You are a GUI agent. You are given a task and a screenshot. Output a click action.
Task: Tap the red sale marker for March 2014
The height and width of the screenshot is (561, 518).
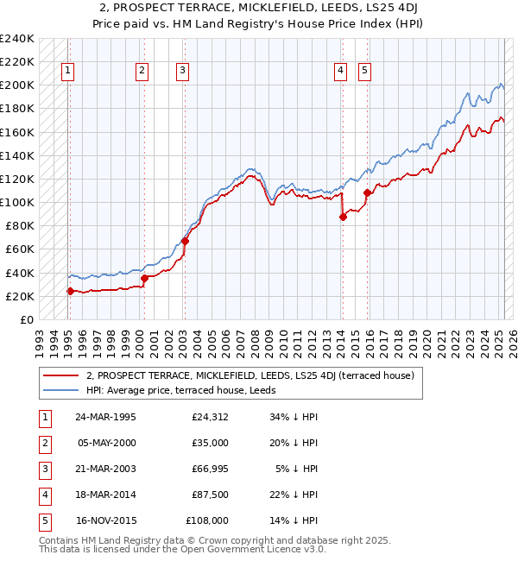point(343,217)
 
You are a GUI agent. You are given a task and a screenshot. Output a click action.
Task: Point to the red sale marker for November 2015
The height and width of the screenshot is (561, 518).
point(367,192)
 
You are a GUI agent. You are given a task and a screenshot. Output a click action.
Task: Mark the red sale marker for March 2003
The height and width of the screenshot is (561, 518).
point(185,241)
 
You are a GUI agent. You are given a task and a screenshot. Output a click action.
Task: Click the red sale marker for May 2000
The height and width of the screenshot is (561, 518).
point(143,278)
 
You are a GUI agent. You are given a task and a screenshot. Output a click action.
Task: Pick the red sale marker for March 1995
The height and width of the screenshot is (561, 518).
point(70,291)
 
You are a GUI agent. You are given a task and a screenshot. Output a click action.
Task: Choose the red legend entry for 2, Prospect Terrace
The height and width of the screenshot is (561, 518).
point(250,375)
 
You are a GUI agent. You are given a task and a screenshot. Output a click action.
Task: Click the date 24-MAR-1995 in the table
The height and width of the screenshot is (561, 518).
point(106,418)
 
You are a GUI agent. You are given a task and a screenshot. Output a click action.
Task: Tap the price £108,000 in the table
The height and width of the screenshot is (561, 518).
point(206,521)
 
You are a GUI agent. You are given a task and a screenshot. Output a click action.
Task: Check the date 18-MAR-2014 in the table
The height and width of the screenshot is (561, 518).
point(106,495)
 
